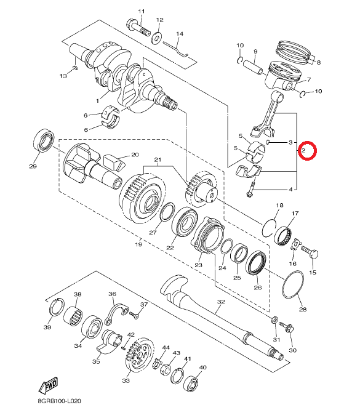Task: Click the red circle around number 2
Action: point(308,150)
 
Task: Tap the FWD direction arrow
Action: point(49,385)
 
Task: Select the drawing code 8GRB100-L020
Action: point(59,401)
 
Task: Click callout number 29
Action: point(33,166)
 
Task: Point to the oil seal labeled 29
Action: point(44,140)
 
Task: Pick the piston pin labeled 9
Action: point(253,67)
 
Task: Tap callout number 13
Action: point(63,76)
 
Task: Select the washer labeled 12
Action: point(156,38)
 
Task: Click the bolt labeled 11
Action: point(138,28)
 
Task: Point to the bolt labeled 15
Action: point(310,252)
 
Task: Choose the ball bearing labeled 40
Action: point(192,384)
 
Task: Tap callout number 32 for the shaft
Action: point(221,302)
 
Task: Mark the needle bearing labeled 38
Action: point(73,316)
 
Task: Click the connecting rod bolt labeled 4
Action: point(251,190)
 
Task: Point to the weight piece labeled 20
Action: point(114,164)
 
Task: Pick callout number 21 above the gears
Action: point(158,159)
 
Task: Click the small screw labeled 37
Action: point(135,315)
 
